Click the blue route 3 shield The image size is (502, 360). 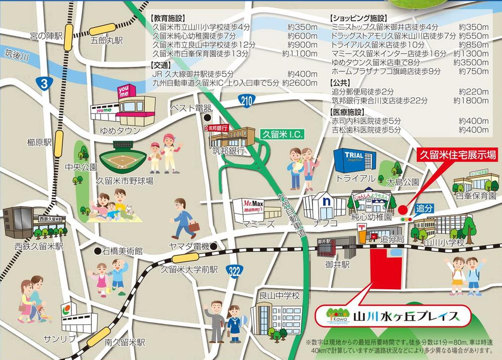[x=44, y=85]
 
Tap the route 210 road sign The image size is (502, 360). [x=246, y=101]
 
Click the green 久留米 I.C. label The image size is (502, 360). [x=278, y=135]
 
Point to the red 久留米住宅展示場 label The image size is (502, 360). [x=458, y=155]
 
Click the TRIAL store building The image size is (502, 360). [x=355, y=160]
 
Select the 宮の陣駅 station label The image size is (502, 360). [x=46, y=36]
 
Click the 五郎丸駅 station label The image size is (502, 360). [x=107, y=40]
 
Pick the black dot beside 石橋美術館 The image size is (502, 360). [x=97, y=250]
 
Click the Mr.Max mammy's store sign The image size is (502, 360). [x=254, y=206]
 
